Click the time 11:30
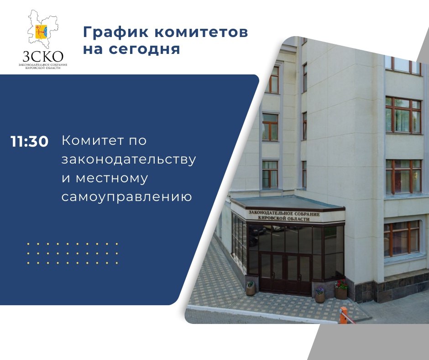click(30, 142)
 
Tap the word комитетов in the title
click(201, 32)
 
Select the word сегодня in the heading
click(144, 50)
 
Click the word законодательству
click(129, 160)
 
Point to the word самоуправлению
click(127, 197)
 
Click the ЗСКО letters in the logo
click(43, 57)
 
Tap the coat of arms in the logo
click(42, 32)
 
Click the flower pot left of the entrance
click(251, 288)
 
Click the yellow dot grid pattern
click(73, 254)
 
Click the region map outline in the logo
click(43, 28)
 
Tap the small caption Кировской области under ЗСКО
click(43, 68)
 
